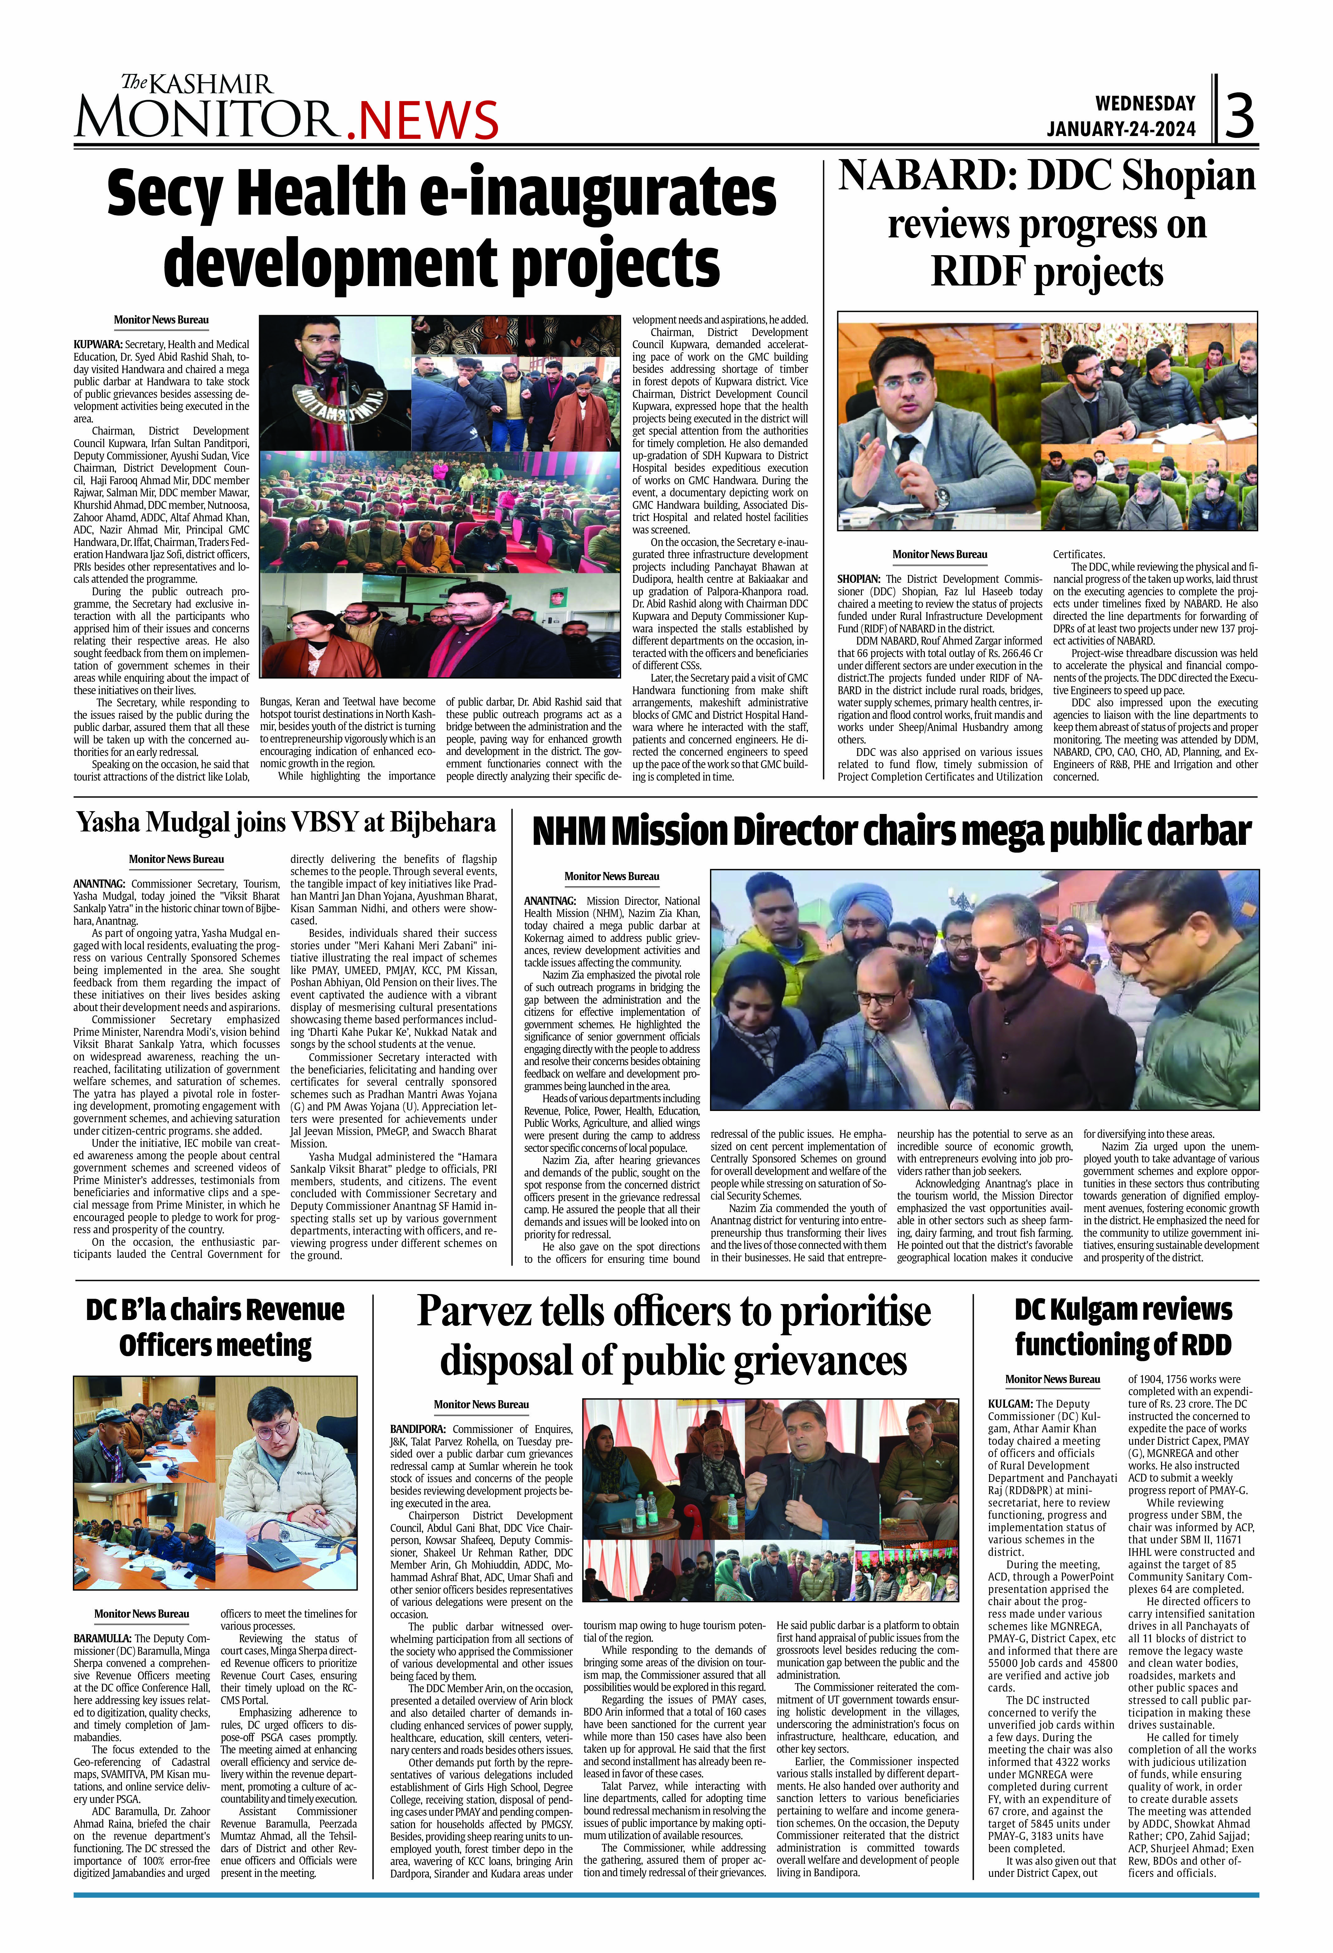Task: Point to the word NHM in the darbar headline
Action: [x=567, y=832]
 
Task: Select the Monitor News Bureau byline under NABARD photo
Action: [x=939, y=555]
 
